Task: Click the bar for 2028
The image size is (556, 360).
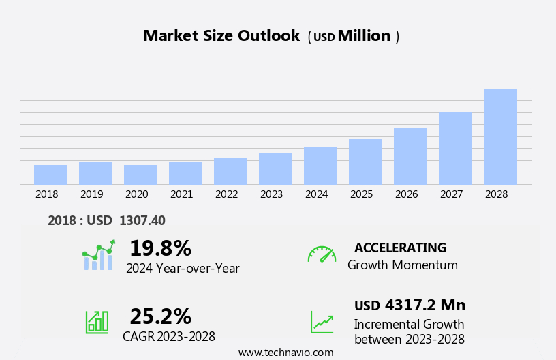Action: (500, 136)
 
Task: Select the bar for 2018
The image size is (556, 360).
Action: (50, 175)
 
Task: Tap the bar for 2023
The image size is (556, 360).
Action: (275, 169)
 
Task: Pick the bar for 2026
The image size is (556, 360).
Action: (410, 156)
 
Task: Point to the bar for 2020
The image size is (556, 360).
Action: (140, 175)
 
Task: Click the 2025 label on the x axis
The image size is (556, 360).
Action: (361, 194)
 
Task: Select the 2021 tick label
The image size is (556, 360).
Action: (181, 194)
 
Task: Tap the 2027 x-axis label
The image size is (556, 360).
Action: (451, 194)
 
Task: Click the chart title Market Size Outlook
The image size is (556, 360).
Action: (221, 36)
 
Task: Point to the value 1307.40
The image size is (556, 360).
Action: (142, 220)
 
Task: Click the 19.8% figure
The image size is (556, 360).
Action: (160, 248)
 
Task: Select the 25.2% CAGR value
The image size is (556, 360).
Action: (160, 316)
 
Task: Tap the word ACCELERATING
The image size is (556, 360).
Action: (400, 247)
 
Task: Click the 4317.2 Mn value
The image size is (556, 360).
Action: (424, 305)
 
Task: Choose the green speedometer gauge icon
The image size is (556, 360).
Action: (322, 254)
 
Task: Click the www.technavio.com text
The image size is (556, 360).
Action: (285, 352)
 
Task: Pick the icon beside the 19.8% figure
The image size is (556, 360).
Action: (98, 255)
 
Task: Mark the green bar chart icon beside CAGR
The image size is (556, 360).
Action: (97, 321)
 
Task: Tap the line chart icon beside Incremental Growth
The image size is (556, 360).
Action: (322, 321)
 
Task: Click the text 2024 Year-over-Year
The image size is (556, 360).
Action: (183, 269)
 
